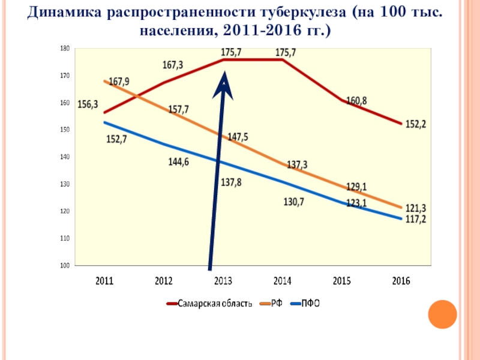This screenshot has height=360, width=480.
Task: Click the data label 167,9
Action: (x=119, y=82)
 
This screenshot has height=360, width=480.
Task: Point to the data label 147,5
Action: (x=238, y=137)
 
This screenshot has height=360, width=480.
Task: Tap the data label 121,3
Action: (x=415, y=208)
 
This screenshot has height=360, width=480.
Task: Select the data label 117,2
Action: (x=415, y=220)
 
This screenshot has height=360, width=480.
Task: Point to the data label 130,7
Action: (x=293, y=202)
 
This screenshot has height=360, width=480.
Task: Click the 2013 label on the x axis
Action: (x=224, y=281)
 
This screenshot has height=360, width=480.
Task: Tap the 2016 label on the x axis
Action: (x=401, y=281)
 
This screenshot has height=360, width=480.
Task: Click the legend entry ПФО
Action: (x=310, y=304)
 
